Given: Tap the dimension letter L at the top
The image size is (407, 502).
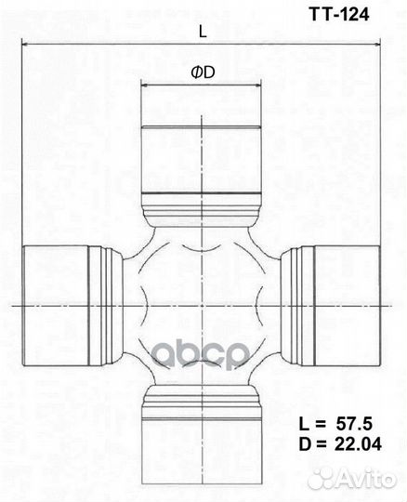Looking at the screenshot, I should pos(202,32).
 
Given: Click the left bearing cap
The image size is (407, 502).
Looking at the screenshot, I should pos(56,305).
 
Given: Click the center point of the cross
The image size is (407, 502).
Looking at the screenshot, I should pos(202,305).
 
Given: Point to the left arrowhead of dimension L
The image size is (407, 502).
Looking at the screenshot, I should pos(24,45).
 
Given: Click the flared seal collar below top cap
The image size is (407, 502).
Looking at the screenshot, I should pos(202,212).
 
